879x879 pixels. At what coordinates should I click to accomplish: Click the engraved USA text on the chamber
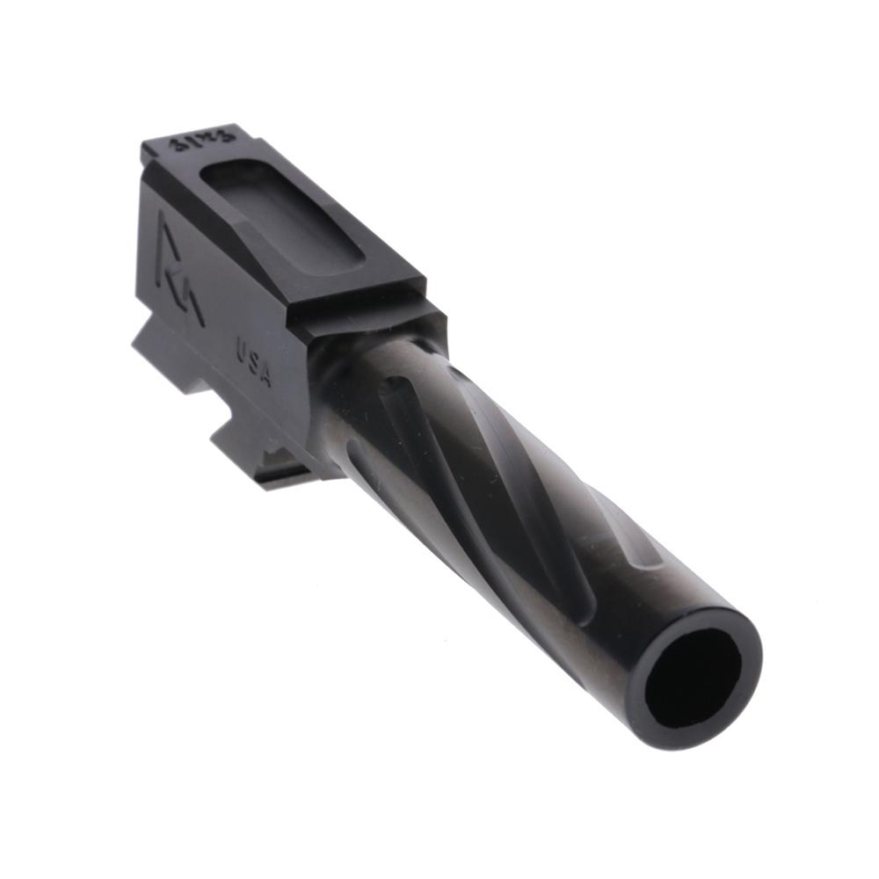coord(253,362)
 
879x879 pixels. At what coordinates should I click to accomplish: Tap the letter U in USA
coord(241,350)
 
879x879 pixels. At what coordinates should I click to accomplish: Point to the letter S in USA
coord(253,362)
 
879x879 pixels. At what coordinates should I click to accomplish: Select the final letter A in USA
coord(265,376)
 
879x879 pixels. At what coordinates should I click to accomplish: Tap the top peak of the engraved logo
coord(163,216)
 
